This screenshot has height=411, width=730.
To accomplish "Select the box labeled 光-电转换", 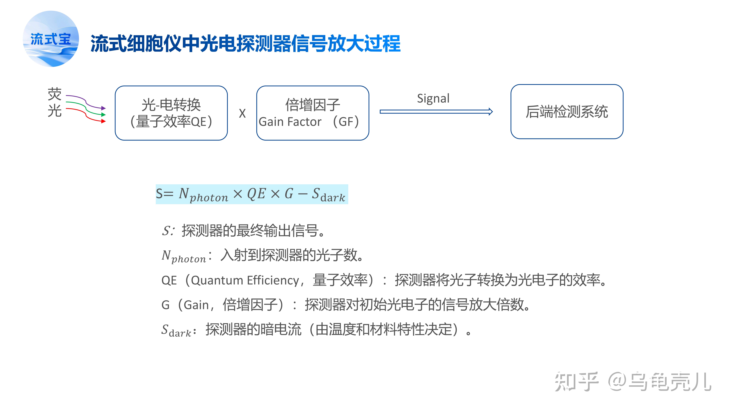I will click(171, 113).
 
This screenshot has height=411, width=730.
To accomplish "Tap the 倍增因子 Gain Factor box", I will click(313, 113).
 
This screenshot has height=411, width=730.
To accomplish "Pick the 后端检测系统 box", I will click(567, 112).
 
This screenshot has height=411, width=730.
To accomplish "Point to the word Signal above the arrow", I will click(433, 98).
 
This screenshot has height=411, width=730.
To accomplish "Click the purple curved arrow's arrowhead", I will click(104, 108).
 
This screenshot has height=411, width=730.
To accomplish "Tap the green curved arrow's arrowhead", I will click(104, 115).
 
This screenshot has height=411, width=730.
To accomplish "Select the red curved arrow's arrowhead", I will click(104, 121).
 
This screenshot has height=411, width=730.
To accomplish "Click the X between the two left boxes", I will click(242, 114).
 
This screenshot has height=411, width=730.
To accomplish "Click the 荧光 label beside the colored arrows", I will click(54, 102).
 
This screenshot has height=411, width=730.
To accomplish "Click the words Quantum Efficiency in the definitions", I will click(245, 280).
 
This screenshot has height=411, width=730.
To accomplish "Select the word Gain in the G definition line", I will click(196, 305).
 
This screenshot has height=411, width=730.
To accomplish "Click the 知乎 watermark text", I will click(576, 382).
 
